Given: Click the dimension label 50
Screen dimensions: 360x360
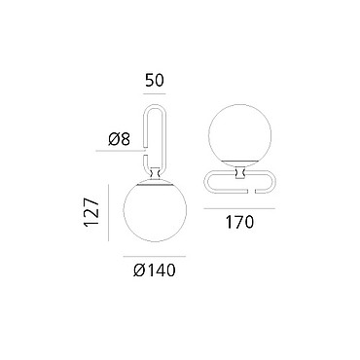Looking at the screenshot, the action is [155, 81].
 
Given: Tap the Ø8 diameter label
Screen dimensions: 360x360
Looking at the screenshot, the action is [119, 139].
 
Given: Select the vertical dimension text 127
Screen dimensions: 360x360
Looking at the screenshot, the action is [91, 212].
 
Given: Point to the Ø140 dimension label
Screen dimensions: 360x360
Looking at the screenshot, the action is [155, 270].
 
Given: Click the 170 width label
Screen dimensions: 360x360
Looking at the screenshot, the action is [239, 223].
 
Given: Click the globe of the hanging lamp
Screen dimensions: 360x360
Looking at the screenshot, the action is [155, 211].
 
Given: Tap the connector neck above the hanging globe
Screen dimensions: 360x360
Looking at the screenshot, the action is [155, 173].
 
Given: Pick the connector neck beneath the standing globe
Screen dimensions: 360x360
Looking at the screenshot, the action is [240, 172].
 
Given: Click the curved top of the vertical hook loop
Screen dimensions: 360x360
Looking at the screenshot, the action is [155, 105].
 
